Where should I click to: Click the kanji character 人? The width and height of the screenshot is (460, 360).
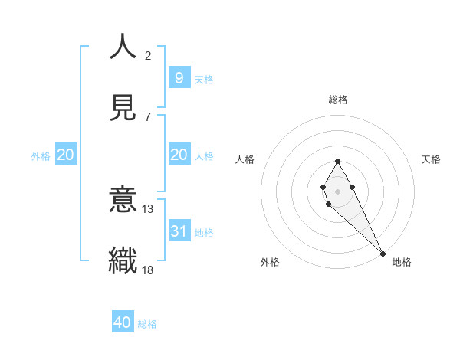click(123, 47)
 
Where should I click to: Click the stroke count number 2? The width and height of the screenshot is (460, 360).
click(148, 56)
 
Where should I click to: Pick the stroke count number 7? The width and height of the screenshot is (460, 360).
click(148, 116)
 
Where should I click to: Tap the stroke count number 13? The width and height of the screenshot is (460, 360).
click(148, 209)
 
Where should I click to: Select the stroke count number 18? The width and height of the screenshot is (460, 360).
click(148, 270)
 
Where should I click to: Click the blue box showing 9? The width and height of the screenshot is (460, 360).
click(179, 77)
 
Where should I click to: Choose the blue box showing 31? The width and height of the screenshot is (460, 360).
click(179, 231)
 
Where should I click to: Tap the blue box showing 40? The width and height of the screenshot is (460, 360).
click(123, 322)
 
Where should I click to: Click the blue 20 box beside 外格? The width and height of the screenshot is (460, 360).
click(65, 155)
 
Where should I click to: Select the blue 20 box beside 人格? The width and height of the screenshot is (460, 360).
click(179, 155)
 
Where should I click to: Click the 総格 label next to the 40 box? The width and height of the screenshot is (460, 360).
click(147, 324)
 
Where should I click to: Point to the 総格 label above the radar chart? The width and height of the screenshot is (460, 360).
click(338, 100)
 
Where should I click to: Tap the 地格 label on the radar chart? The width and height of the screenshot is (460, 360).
click(402, 262)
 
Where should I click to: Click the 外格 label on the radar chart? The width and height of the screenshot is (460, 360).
click(270, 262)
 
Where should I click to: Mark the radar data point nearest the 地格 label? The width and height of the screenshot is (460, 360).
click(383, 254)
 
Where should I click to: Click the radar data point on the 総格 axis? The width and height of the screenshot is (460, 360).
click(337, 161)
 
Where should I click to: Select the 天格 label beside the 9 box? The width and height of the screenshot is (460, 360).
click(204, 80)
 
